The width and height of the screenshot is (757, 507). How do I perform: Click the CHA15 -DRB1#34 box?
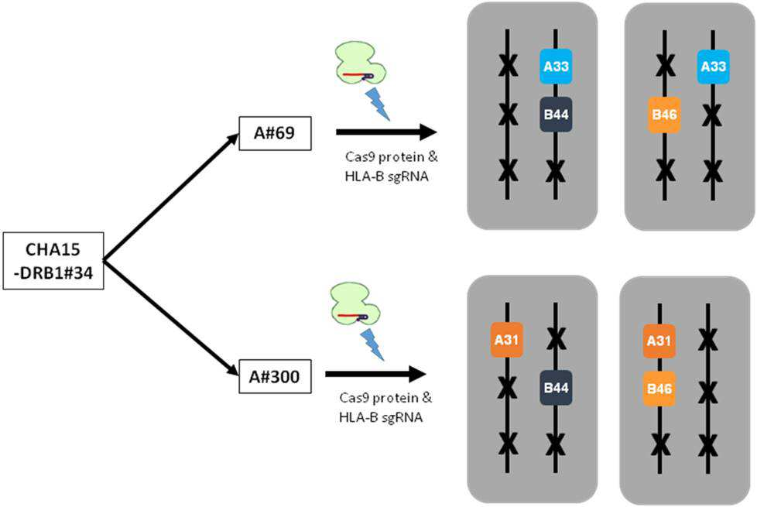point(53,261)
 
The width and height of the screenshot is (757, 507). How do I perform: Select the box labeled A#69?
point(276,133)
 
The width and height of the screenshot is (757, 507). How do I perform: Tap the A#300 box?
point(276,376)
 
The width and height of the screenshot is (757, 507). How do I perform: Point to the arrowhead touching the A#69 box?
point(232,139)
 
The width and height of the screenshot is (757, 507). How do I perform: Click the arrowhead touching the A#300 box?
point(232,369)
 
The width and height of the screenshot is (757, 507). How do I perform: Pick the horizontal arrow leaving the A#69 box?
point(386,132)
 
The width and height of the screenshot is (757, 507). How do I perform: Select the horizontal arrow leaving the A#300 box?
point(375,374)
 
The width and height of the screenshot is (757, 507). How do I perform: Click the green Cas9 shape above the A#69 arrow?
point(361,63)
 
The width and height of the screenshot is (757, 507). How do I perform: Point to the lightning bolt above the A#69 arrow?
point(378,103)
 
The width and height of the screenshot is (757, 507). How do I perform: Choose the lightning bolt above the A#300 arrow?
point(372,344)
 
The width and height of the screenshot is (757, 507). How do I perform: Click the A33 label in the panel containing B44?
point(556,66)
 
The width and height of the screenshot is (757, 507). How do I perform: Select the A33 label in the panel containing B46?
point(713,66)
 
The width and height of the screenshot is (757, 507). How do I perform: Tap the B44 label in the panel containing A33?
point(556,115)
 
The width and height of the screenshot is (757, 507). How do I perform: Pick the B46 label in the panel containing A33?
point(664,115)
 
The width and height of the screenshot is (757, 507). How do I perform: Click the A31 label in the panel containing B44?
point(506,340)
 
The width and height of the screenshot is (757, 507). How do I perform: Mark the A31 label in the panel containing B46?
point(659,341)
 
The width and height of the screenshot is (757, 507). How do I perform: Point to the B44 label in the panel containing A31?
point(556,388)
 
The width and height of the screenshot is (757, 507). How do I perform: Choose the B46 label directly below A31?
point(659,389)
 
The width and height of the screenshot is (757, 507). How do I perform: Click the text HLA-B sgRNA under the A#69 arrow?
point(387,176)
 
